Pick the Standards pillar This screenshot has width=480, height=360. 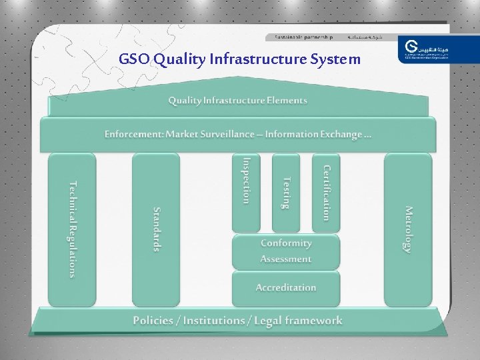tap(156, 229)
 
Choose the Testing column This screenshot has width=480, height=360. tap(286, 192)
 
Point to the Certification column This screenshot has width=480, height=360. tap(326, 192)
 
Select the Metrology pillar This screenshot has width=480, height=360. tap(408, 229)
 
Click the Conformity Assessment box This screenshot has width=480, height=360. tap(286, 251)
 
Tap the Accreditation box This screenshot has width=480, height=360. tap(286, 288)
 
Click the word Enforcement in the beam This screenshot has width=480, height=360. tap(133, 134)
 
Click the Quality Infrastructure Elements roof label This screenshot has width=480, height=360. tap(237, 101)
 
